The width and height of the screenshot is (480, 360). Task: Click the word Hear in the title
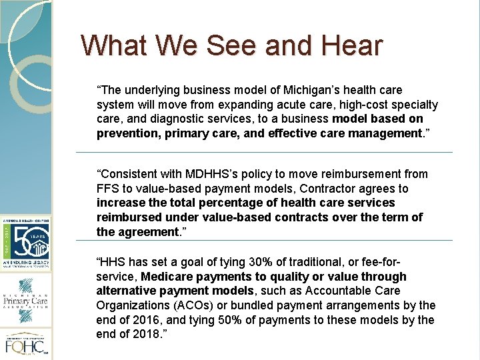pyautogui.click(x=352, y=45)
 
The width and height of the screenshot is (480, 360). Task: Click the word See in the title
pyautogui.click(x=232, y=45)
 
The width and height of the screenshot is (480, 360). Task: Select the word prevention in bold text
pyautogui.click(x=124, y=133)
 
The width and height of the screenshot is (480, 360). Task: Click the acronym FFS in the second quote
pyautogui.click(x=107, y=189)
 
